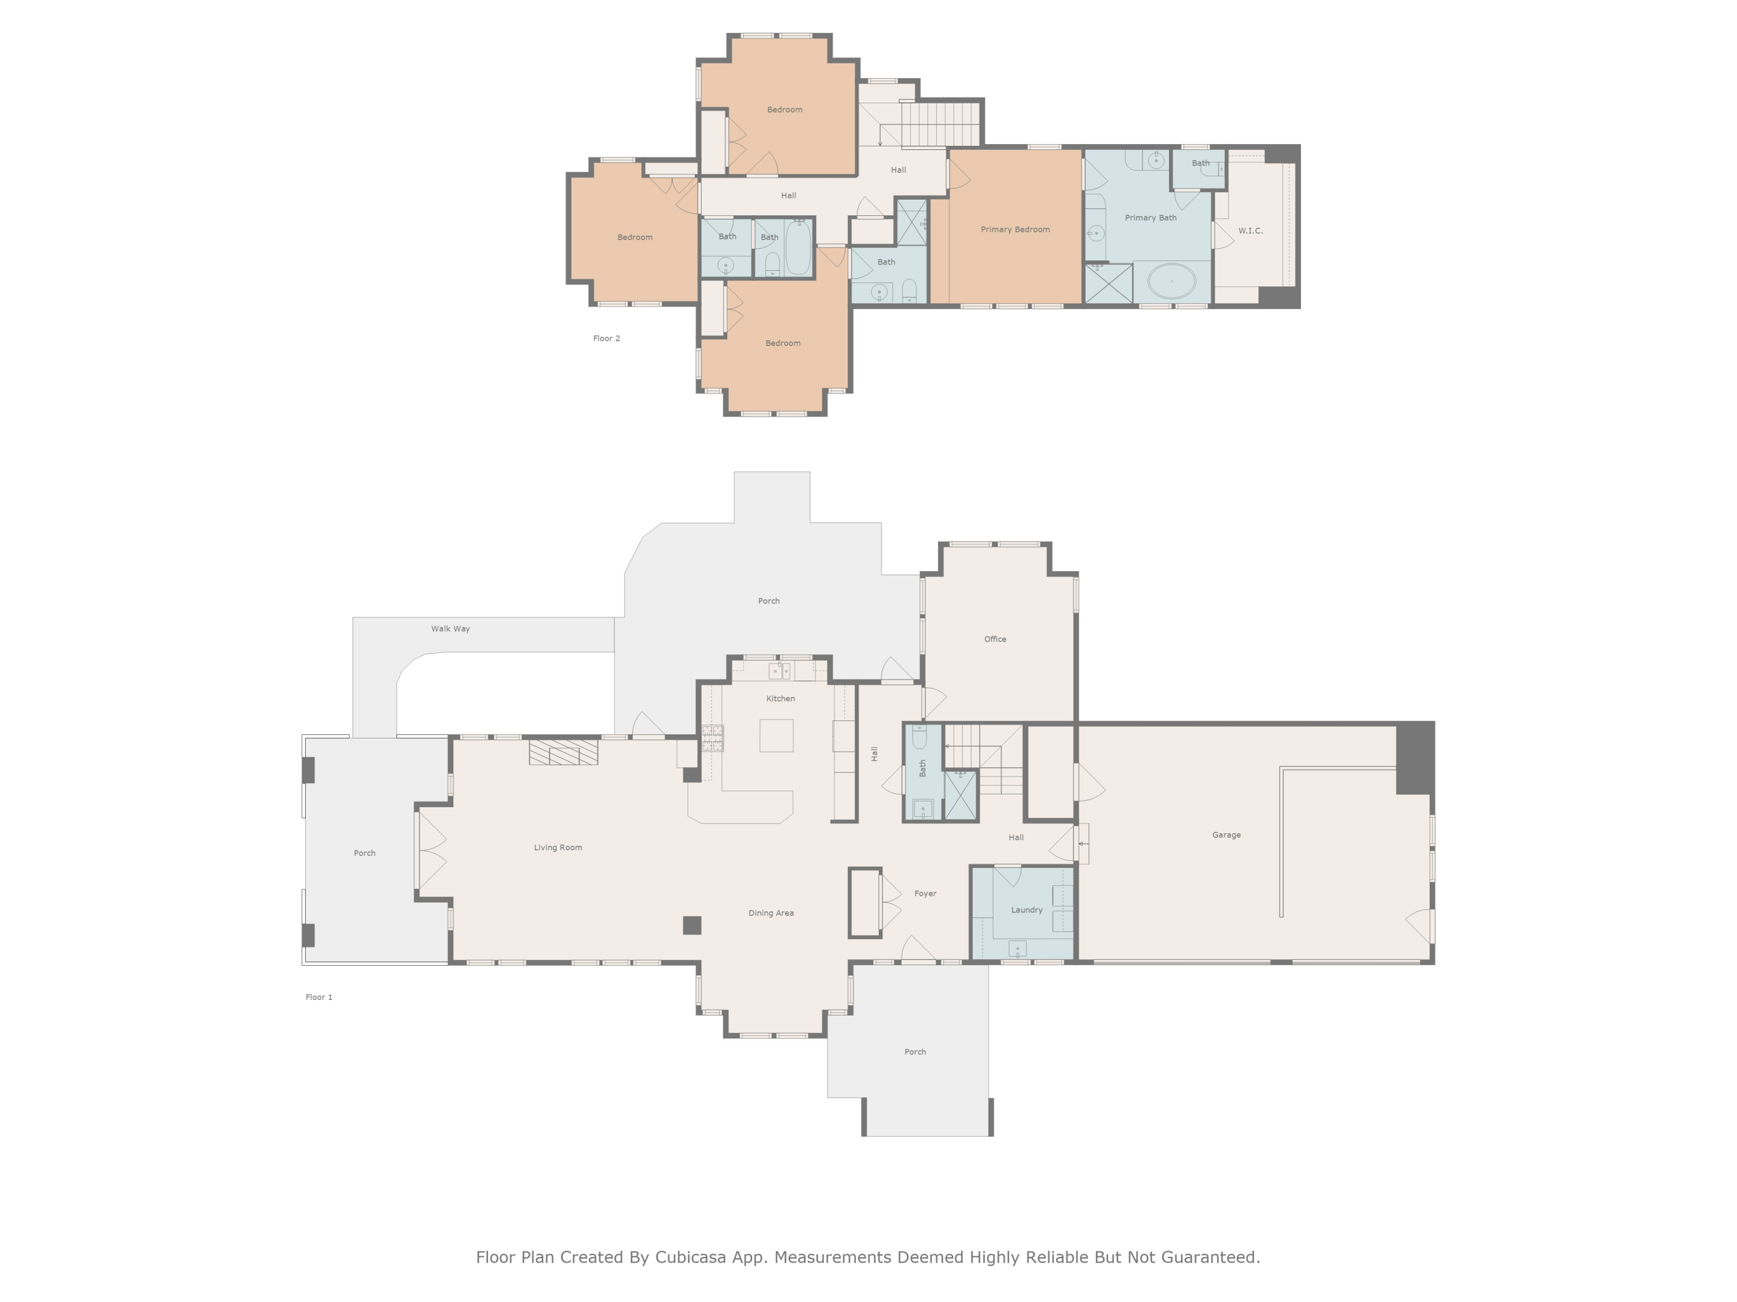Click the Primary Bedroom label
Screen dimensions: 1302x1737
point(1014,229)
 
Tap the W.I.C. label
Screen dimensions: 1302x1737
point(1250,231)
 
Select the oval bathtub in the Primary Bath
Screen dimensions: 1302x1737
point(1172,281)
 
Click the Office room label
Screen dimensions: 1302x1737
point(995,639)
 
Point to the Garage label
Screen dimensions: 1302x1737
point(1226,835)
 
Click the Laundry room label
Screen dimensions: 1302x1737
point(1027,910)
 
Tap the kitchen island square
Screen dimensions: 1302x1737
point(776,736)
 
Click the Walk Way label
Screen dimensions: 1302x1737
point(450,628)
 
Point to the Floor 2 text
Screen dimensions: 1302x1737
point(606,339)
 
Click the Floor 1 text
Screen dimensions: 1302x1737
point(319,998)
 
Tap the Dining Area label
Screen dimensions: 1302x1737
point(770,913)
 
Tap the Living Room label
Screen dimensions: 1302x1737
point(558,848)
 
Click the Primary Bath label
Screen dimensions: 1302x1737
point(1150,218)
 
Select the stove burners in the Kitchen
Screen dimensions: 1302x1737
point(712,738)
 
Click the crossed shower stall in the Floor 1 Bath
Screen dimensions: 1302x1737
point(959,796)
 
